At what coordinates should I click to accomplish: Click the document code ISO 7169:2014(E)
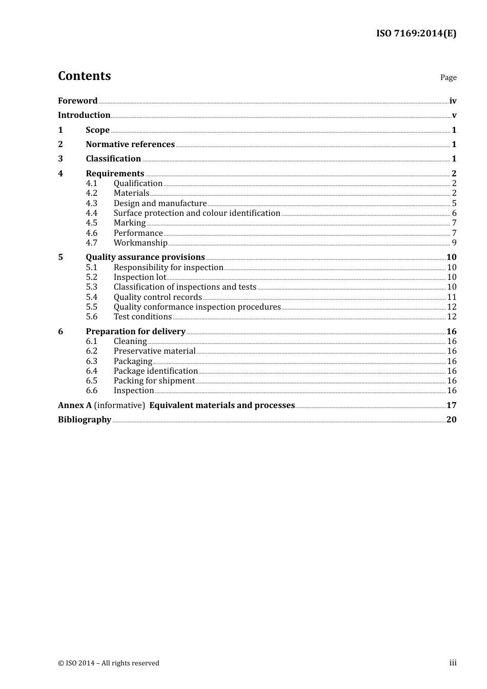point(416,33)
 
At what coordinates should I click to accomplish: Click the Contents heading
point(84,76)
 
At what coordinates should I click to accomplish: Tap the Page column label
point(448,77)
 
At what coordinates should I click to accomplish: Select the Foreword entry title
point(77,101)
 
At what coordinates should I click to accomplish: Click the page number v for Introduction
point(454,115)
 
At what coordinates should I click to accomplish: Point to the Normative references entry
point(130,145)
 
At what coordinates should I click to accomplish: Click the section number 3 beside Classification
point(60,159)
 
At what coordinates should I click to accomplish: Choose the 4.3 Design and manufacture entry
point(160,204)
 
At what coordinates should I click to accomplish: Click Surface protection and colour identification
point(197,213)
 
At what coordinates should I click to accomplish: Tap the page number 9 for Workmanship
point(454,243)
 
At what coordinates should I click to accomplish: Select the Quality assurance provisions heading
point(145,257)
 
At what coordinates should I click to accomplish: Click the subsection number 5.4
point(91,297)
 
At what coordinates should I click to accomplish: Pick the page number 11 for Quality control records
point(452,297)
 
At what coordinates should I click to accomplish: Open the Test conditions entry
point(143,317)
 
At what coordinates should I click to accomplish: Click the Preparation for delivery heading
point(135,332)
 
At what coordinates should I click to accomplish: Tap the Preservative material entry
point(154,351)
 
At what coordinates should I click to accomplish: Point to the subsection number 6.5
point(91,381)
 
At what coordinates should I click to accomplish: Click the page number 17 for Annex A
point(451,406)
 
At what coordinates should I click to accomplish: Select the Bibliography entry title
point(85,420)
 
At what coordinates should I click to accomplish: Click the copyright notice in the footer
point(109,663)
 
